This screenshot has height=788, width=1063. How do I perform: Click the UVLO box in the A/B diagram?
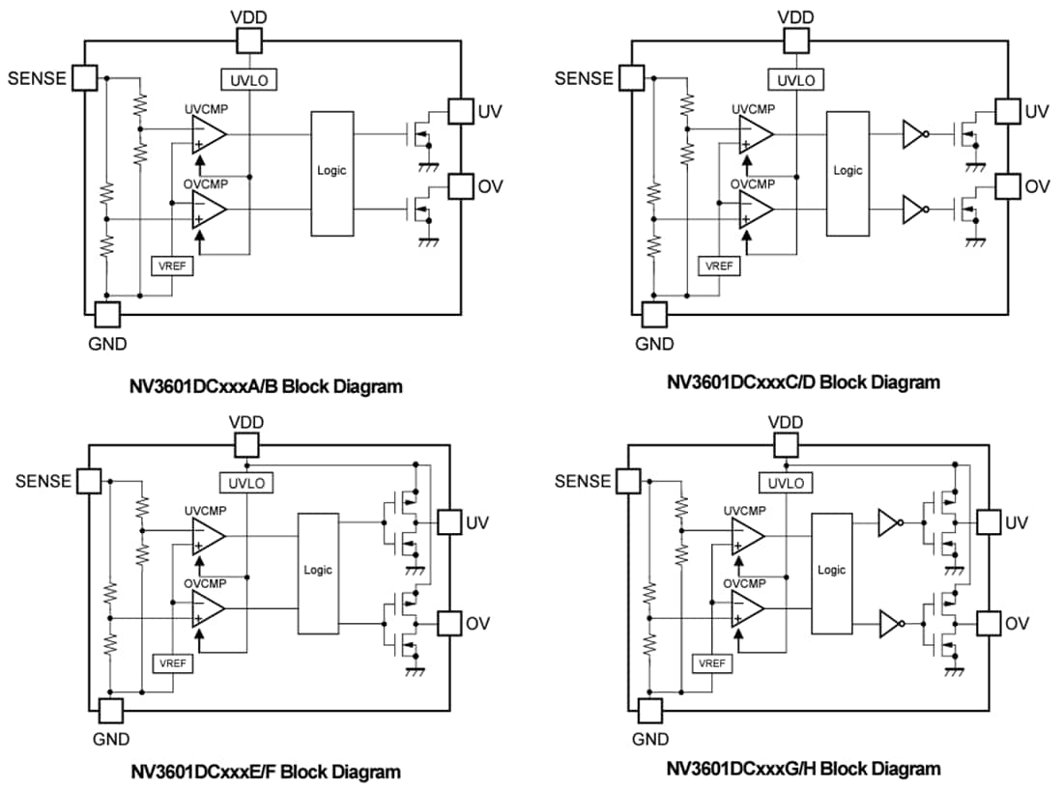(248, 79)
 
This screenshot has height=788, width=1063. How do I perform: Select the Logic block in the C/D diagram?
(848, 171)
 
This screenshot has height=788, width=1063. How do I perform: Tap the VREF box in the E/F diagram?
(171, 663)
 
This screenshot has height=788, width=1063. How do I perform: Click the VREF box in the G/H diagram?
(711, 663)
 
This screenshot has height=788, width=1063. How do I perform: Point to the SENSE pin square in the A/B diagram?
(85, 77)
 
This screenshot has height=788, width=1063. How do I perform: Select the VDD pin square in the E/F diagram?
(246, 444)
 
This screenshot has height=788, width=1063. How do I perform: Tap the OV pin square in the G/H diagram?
(989, 623)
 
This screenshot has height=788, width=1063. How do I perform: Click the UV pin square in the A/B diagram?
(461, 112)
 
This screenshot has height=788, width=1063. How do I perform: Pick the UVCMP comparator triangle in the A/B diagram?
(208, 135)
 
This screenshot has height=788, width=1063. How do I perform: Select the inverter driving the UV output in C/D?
(913, 135)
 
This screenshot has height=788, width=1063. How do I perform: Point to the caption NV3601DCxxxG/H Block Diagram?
(803, 769)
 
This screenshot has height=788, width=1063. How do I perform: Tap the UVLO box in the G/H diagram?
(788, 482)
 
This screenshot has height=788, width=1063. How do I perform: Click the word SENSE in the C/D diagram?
(584, 78)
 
